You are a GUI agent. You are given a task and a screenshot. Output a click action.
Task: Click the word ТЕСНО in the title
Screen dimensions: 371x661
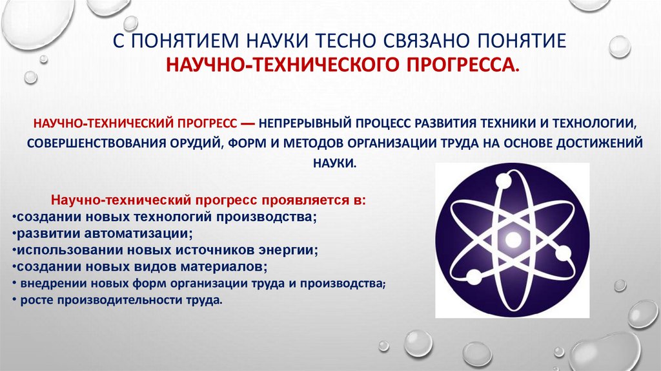(x=350, y=41)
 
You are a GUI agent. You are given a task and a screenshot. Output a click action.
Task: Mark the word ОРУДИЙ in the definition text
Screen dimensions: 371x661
(x=193, y=143)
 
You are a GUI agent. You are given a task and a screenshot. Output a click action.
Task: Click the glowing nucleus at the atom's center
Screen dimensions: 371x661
(x=513, y=240)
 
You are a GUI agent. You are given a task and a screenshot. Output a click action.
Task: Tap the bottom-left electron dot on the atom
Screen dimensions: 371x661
(x=473, y=277)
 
